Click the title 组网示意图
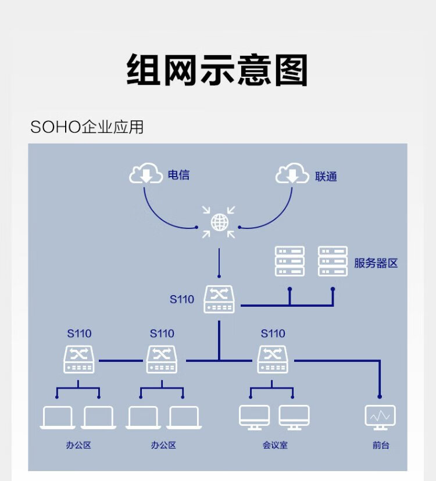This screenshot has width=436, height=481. coord(217,70)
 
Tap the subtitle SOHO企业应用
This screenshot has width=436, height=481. coord(87,127)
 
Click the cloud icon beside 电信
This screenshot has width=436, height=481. coord(145,174)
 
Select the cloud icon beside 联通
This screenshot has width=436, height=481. coord(292,174)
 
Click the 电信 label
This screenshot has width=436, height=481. coord(178,175)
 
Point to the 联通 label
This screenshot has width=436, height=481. coord(326,176)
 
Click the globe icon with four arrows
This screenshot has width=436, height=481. coord(219,222)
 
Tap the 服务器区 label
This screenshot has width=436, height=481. coord(376,263)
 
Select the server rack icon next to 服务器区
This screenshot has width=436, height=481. coord(333,261)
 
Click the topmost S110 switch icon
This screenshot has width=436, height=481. coord(219,299)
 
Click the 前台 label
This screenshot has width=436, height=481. coord(381,446)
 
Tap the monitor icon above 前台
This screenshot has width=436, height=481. coord(380,417)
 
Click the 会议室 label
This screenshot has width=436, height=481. coord(275,446)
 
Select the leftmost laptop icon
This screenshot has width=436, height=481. coord(58,418)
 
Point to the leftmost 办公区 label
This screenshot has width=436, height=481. coord(78,446)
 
